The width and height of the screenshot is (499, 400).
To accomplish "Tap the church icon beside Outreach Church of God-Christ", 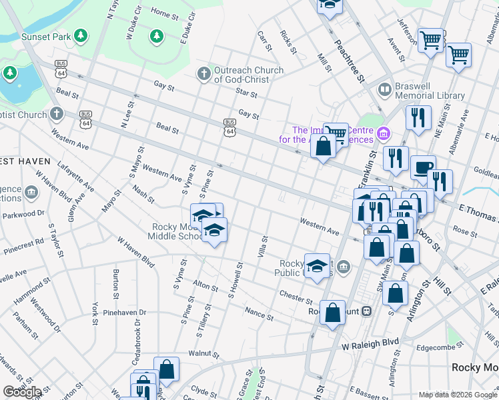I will (x=203, y=72).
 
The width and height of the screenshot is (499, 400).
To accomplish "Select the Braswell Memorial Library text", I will (x=430, y=91).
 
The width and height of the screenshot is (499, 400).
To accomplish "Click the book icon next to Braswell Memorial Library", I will (x=385, y=89).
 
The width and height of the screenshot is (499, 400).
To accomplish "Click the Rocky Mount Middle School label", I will (x=175, y=231).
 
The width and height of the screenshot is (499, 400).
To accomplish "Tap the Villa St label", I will (x=264, y=247).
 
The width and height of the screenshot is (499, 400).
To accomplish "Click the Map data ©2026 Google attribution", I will (x=458, y=395).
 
